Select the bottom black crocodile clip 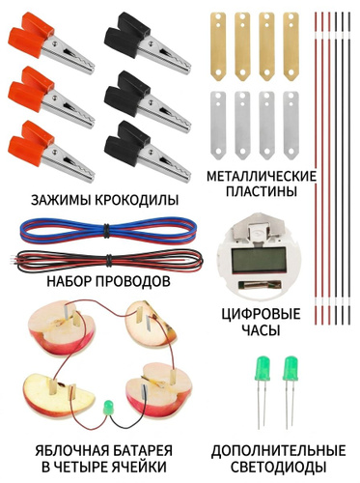click(x=147, y=152)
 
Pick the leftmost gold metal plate click(x=218, y=46)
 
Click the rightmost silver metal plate click(x=291, y=126)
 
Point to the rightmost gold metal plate click(x=291, y=46)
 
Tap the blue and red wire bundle click(x=108, y=231)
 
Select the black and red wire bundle click(x=109, y=260)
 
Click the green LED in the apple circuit click(x=108, y=408)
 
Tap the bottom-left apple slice click(x=56, y=394)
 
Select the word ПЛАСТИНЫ click(x=261, y=192)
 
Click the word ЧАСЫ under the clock click(x=261, y=330)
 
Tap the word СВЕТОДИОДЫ click(x=279, y=467)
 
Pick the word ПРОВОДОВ click(x=133, y=282)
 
